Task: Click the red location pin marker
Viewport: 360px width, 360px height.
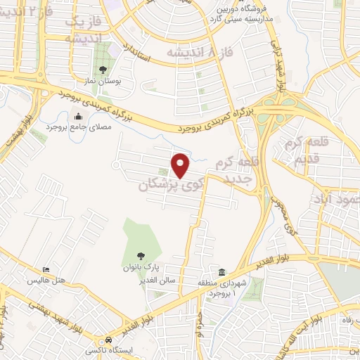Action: coord(181,166)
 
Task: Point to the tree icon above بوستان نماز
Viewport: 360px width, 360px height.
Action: coord(103,69)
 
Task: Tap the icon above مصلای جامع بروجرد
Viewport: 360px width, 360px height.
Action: coord(77,117)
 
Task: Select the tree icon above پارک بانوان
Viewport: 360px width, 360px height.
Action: coord(142,256)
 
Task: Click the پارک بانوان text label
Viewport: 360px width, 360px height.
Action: coord(142,268)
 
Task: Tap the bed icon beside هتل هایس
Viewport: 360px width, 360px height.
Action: coord(46,270)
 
